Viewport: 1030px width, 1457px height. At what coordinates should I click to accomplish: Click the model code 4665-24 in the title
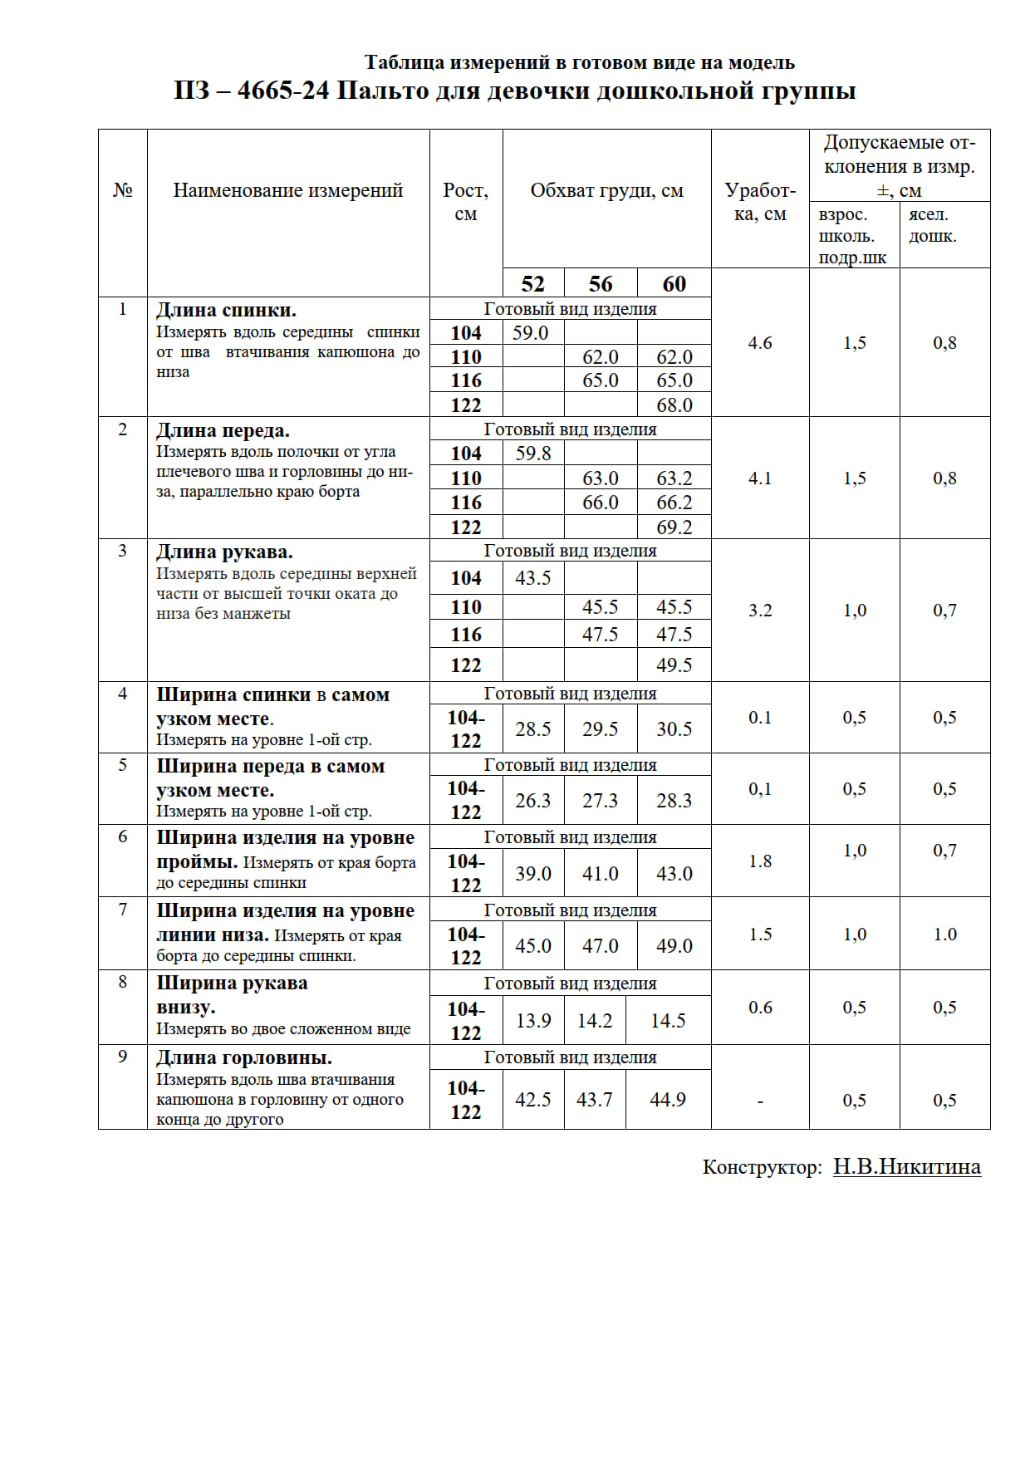pyautogui.click(x=283, y=91)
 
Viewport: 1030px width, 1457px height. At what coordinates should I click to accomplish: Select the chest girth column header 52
pyautogui.click(x=532, y=284)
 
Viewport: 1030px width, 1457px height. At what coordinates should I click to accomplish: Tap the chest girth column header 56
pyautogui.click(x=601, y=284)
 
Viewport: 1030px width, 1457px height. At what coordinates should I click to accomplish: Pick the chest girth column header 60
pyautogui.click(x=674, y=284)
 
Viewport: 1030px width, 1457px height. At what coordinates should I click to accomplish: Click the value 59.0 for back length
pyautogui.click(x=531, y=333)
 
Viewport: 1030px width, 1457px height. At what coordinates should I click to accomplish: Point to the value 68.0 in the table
pyautogui.click(x=674, y=405)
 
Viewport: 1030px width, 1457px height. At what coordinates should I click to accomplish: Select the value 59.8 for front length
pyautogui.click(x=533, y=454)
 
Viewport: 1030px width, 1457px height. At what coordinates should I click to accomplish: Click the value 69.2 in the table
pyautogui.click(x=674, y=527)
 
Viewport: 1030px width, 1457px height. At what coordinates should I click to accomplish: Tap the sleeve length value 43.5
pyautogui.click(x=533, y=578)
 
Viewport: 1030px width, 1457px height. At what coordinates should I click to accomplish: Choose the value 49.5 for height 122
pyautogui.click(x=674, y=665)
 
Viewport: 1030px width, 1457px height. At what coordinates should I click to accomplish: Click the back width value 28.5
pyautogui.click(x=533, y=729)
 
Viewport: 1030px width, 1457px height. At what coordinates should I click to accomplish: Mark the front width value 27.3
pyautogui.click(x=600, y=801)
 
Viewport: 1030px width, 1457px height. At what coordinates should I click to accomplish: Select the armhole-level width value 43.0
pyautogui.click(x=674, y=874)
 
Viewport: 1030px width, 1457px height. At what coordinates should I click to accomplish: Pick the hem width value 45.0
pyautogui.click(x=533, y=946)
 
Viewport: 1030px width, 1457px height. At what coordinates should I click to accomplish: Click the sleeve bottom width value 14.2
pyautogui.click(x=595, y=1021)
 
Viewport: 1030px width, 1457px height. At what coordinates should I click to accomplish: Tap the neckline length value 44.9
pyautogui.click(x=668, y=1100)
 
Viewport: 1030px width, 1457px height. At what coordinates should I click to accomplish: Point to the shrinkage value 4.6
pyautogui.click(x=760, y=343)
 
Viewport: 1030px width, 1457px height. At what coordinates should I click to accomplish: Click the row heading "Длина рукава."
pyautogui.click(x=224, y=552)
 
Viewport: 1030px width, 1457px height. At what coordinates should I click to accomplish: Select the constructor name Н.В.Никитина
pyautogui.click(x=907, y=1167)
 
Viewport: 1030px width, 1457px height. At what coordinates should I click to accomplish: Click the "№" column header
pyautogui.click(x=123, y=190)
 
